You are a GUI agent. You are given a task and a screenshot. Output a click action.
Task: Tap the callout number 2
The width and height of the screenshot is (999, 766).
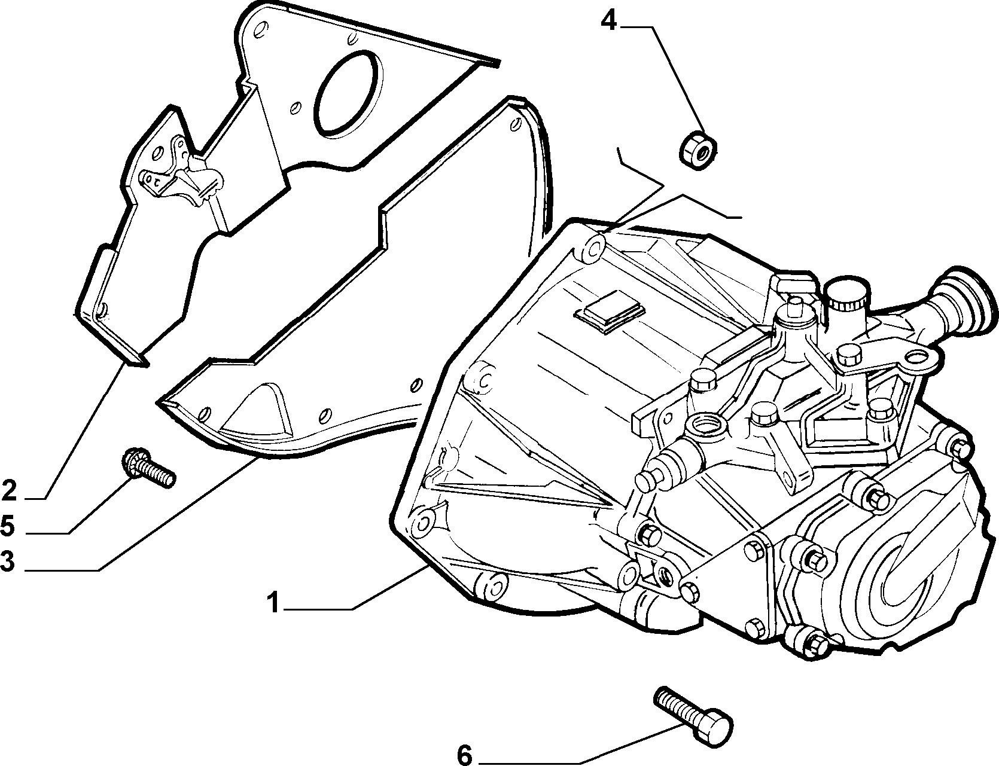[x=9, y=490]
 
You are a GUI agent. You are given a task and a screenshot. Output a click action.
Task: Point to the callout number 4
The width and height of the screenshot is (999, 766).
[x=608, y=22]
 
